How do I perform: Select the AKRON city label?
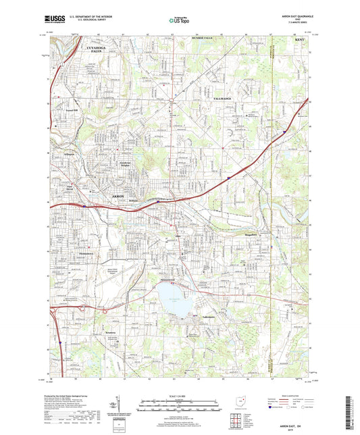point(117,195)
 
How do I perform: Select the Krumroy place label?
point(110,331)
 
